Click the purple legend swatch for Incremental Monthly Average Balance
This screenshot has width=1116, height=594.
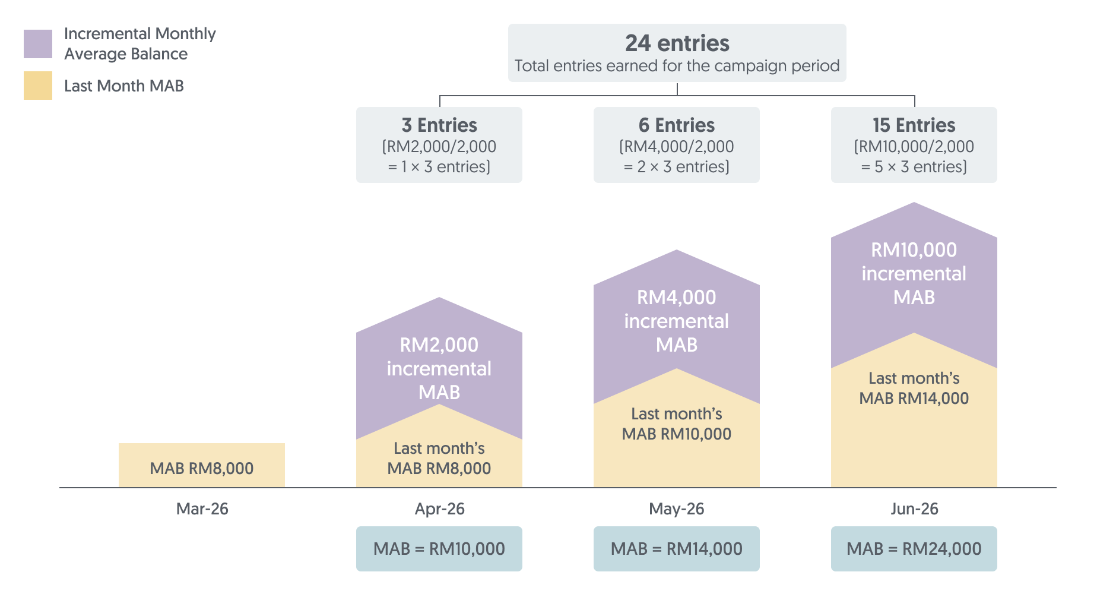click(38, 44)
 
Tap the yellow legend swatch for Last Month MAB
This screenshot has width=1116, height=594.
click(38, 86)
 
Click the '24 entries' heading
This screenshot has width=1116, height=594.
click(677, 43)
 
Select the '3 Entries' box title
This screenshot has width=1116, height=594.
click(439, 125)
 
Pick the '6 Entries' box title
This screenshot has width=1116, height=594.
click(677, 125)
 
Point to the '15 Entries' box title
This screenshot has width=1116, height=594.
click(914, 125)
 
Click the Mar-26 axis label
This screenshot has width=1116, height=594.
click(202, 509)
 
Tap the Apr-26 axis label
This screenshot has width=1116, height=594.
click(439, 509)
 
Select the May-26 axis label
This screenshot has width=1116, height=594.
click(677, 509)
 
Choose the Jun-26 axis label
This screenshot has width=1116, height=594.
click(914, 509)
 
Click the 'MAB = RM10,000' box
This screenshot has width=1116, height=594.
click(439, 549)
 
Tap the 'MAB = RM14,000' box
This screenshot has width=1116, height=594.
click(677, 549)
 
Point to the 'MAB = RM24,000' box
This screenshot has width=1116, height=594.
click(914, 549)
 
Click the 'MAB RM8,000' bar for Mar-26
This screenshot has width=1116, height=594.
click(202, 468)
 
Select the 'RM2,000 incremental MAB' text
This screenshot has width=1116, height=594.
click(439, 368)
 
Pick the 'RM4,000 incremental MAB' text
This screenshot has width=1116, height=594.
click(677, 321)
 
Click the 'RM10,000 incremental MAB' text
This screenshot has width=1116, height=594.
click(914, 273)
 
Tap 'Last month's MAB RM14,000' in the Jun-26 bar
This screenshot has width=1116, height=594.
click(914, 388)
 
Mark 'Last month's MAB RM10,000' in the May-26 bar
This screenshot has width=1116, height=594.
click(677, 424)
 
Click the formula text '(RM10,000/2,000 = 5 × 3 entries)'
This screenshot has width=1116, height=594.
click(914, 157)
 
